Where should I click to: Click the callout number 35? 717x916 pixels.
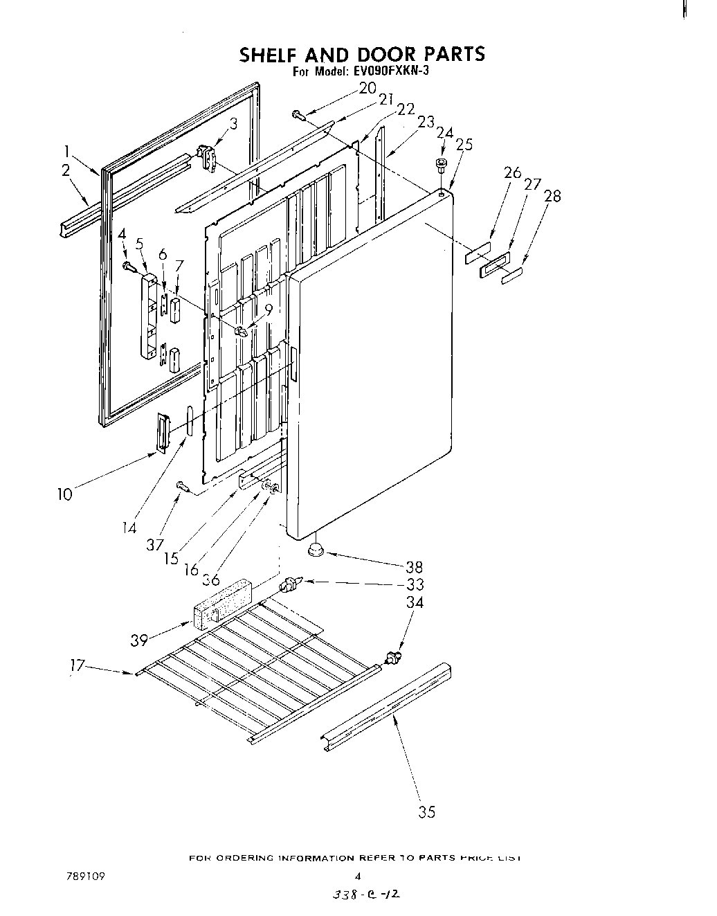point(427,812)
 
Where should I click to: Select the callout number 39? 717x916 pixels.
point(139,640)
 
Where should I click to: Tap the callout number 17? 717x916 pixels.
point(78,665)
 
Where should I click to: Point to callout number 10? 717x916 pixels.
point(64,494)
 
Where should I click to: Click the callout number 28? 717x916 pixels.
point(552,196)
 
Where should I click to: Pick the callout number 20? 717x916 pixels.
point(367,88)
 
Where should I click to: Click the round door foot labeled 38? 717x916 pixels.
point(316,550)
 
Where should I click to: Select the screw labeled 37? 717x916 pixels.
point(183,487)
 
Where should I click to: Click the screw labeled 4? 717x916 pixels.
point(129,265)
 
